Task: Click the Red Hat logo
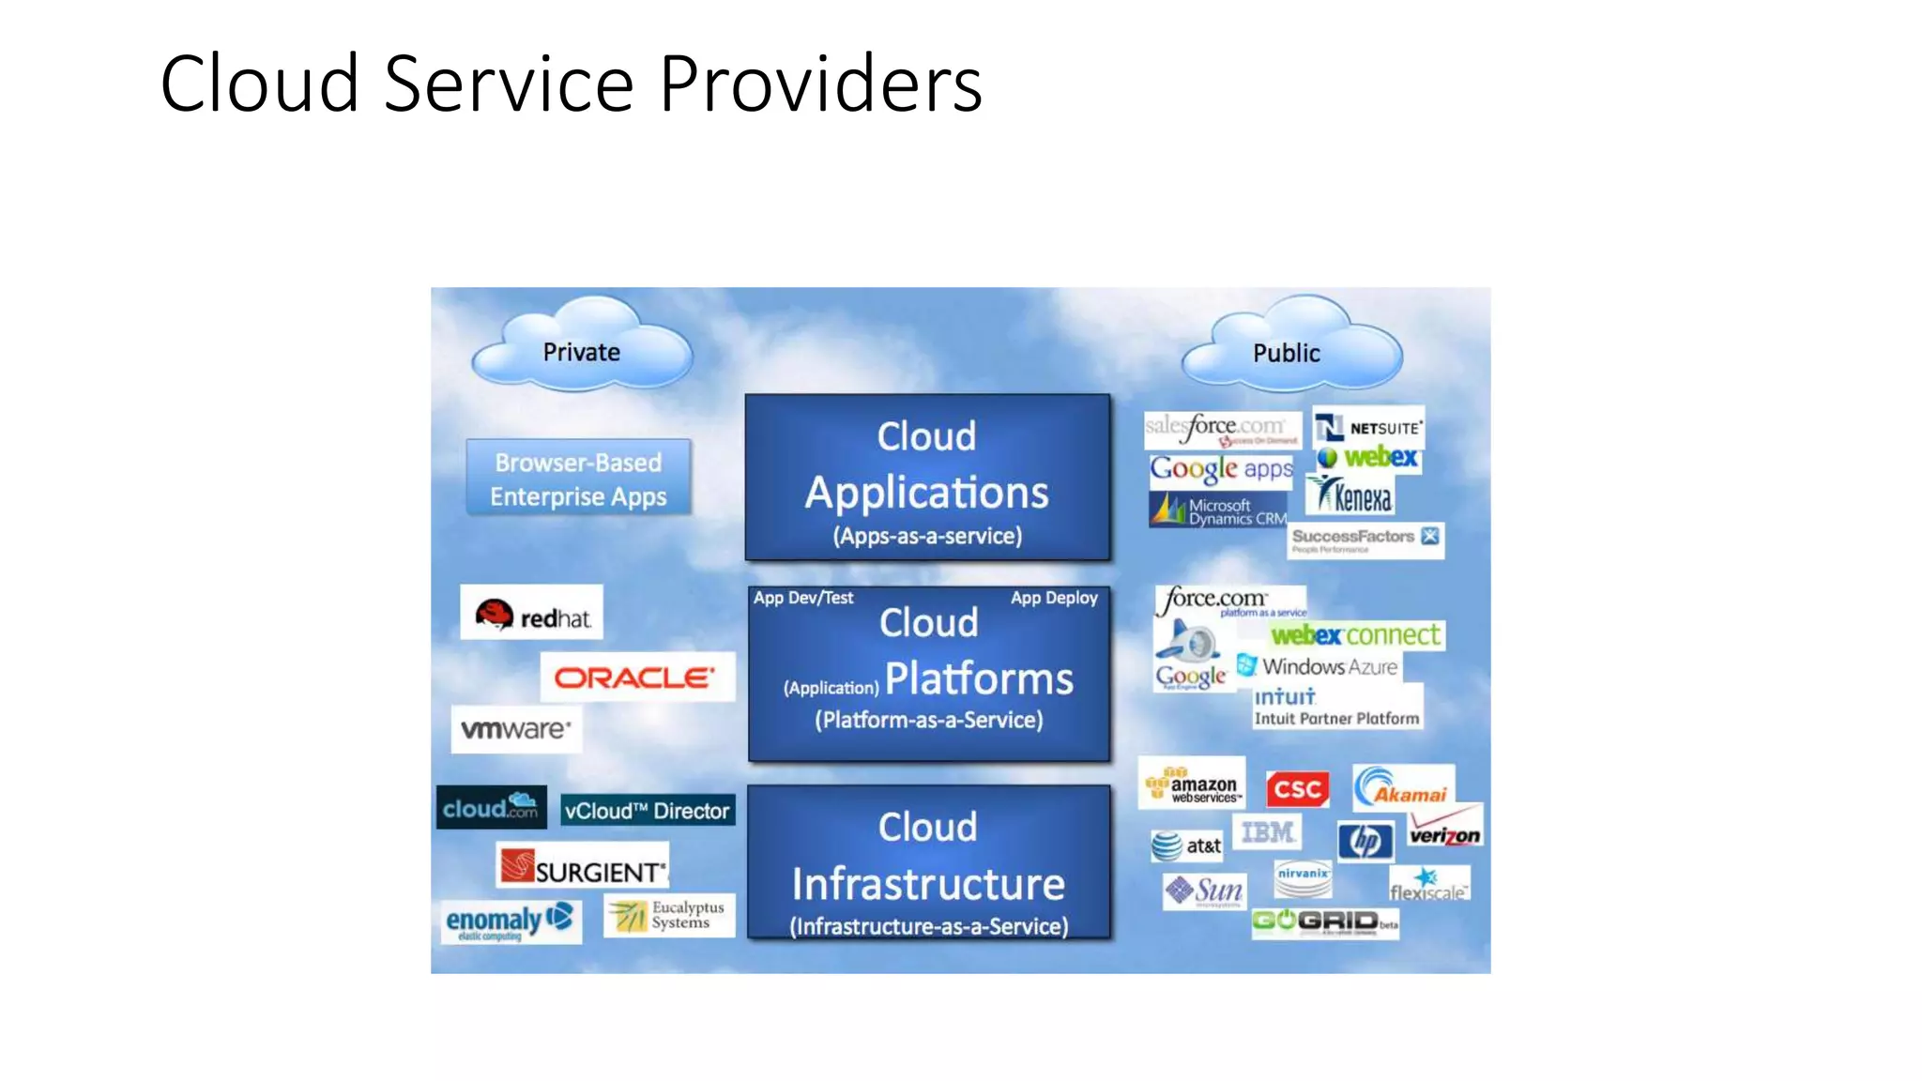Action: (532, 615)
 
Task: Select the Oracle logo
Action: (635, 678)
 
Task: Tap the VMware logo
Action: (515, 729)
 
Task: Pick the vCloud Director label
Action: (647, 811)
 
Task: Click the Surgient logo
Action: (582, 867)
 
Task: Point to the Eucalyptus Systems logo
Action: (668, 915)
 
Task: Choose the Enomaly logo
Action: (510, 921)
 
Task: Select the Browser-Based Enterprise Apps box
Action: (578, 479)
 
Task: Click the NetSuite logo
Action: (1368, 428)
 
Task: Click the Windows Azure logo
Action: (1318, 666)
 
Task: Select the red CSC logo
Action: (1298, 789)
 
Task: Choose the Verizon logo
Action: (1444, 831)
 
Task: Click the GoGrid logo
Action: (1324, 921)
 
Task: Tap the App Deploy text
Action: (1054, 598)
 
